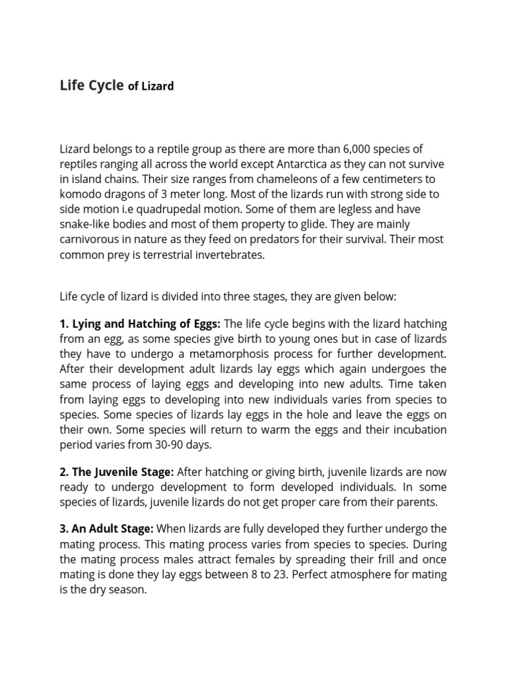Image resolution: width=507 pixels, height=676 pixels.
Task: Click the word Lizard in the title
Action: point(158,86)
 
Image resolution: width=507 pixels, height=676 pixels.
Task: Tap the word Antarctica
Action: point(303,164)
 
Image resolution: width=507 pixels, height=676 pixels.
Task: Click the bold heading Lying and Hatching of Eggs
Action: point(140,323)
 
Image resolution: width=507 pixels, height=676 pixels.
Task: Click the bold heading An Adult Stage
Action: point(106,528)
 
